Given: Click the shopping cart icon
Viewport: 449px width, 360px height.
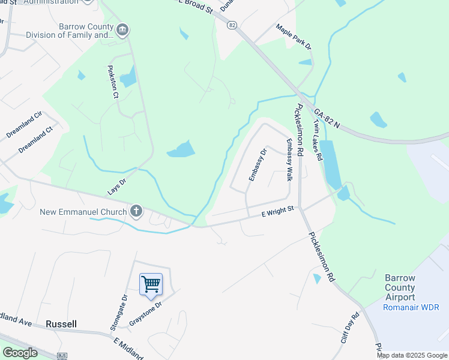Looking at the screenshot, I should pyautogui.click(x=151, y=284).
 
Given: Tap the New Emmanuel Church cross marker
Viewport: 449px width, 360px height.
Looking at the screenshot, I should pyautogui.click(x=136, y=211).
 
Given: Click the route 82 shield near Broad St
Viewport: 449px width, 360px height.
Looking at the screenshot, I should pyautogui.click(x=232, y=25).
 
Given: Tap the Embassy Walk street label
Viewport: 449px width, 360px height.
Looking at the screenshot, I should pyautogui.click(x=289, y=160).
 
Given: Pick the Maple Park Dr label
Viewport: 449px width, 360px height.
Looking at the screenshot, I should pyautogui.click(x=294, y=37).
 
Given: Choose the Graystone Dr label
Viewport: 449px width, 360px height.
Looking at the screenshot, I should pyautogui.click(x=146, y=313).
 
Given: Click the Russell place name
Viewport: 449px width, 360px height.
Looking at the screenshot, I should pyautogui.click(x=61, y=324).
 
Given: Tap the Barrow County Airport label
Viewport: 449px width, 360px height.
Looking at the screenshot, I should pyautogui.click(x=400, y=288).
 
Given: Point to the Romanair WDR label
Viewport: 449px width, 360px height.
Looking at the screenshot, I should pyautogui.click(x=411, y=307).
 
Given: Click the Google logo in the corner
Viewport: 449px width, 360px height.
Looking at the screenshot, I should pyautogui.click(x=20, y=353).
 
